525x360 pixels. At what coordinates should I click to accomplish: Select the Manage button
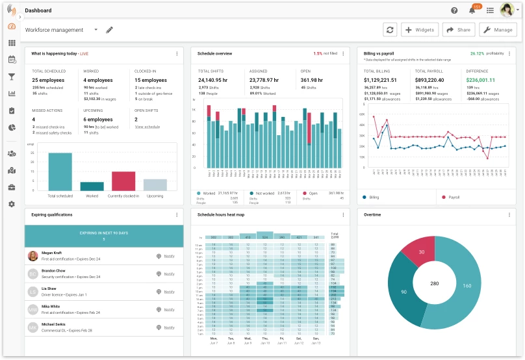[x=497, y=30]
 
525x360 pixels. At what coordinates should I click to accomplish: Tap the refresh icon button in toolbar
[x=390, y=30]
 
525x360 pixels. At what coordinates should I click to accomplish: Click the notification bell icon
[x=472, y=10]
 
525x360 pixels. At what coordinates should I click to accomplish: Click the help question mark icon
[x=454, y=10]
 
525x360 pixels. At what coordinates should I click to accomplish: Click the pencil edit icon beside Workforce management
[x=109, y=30]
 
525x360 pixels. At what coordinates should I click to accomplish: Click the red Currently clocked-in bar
[x=123, y=181]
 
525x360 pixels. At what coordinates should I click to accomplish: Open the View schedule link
[x=147, y=127]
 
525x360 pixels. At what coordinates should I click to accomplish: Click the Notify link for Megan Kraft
[x=169, y=256]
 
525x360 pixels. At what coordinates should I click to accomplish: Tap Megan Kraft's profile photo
[x=32, y=256]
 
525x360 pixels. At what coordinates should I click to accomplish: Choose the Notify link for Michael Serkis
[x=169, y=328]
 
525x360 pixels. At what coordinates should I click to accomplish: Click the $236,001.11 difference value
[x=485, y=80]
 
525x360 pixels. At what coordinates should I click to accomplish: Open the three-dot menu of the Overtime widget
[x=509, y=214]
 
